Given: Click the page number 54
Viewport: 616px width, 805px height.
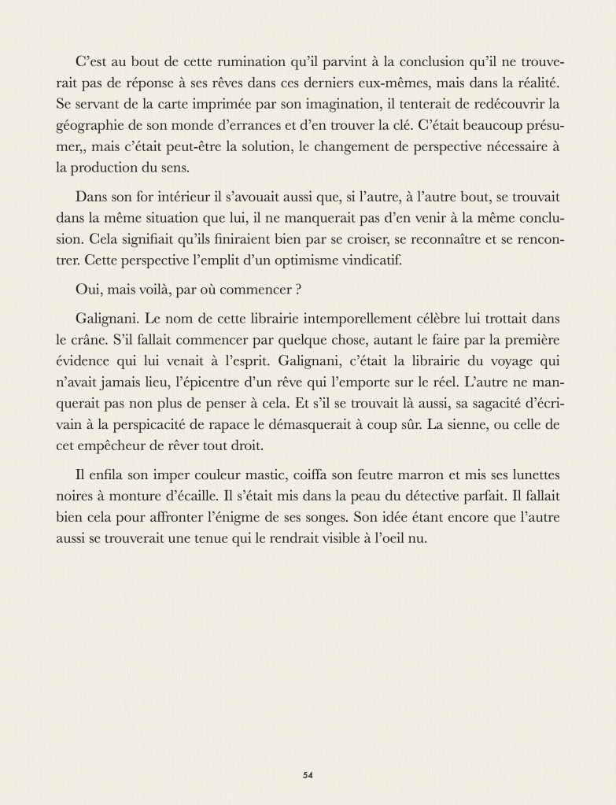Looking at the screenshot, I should [308, 775].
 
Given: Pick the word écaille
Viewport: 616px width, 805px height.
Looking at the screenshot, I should [185, 499].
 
